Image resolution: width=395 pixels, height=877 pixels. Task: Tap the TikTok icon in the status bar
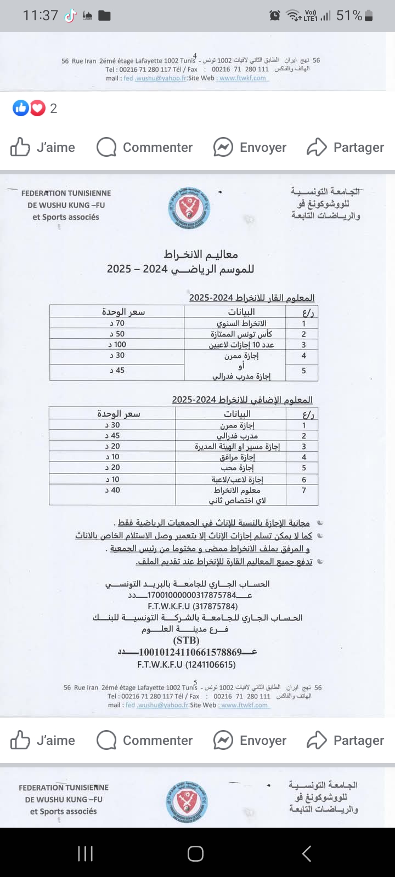coord(70,16)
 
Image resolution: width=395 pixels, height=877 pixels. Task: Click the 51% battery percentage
coord(349,16)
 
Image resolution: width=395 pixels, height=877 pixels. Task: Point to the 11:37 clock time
coord(40,15)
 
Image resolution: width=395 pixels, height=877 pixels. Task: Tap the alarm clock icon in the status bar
coord(275,16)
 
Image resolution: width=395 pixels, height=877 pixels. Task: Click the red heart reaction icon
coord(37,108)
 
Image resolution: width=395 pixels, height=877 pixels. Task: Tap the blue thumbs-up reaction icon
coord(21,108)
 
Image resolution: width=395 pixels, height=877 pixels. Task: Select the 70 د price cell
coord(117,323)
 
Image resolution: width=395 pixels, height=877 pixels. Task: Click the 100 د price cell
coord(117,345)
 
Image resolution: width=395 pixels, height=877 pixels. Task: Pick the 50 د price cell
coord(117,334)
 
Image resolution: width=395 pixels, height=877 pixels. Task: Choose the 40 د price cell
coord(113,490)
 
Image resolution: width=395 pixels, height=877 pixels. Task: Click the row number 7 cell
coord(304,490)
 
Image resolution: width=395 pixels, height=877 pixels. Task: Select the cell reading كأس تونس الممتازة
coord(241,334)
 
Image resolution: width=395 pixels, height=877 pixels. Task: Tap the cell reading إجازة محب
coord(237,468)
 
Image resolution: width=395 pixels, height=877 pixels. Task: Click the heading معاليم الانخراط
coord(201,254)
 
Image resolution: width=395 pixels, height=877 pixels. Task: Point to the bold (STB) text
coord(187,640)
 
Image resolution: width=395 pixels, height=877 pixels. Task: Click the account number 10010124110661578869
coord(190,652)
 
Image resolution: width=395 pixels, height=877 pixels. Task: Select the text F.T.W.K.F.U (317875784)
coord(193,606)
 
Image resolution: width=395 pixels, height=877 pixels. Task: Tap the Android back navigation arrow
coord(307,853)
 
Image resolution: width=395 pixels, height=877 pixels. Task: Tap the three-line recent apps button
coord(85,853)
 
